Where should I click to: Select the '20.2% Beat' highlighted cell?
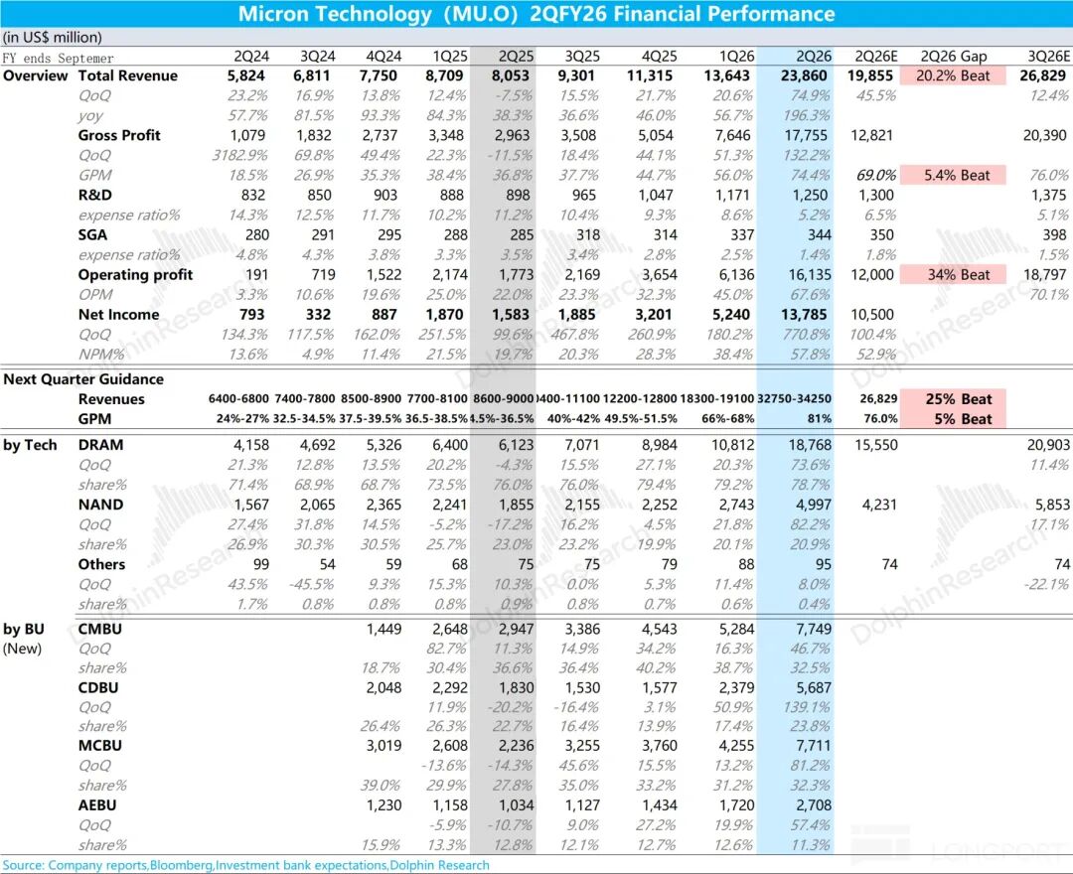pos(953,75)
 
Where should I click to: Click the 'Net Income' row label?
pos(118,315)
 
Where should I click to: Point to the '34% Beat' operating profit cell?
pos(953,275)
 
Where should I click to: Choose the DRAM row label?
pos(101,445)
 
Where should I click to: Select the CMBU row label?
pos(100,629)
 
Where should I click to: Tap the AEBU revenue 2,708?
pos(812,805)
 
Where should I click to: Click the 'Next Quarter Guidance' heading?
pos(83,379)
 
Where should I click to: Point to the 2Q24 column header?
pos(248,57)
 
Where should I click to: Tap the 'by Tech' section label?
pos(32,445)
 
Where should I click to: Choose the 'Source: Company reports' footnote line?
pos(245,865)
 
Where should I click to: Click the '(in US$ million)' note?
pos(52,38)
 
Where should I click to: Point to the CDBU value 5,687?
pos(812,687)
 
